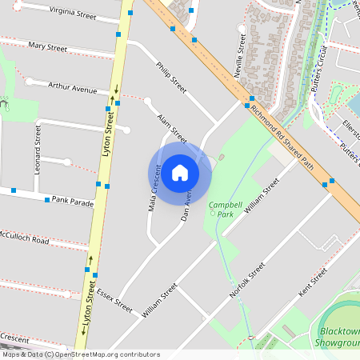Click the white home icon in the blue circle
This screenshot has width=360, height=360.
[x=180, y=172]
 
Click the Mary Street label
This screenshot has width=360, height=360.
[x=47, y=47]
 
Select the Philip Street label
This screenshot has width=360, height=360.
[x=171, y=78]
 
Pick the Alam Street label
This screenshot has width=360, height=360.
[x=172, y=128]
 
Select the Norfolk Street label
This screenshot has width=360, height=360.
[x=246, y=282]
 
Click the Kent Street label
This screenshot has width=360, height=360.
[x=313, y=284]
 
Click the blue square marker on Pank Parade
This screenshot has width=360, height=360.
[x=47, y=199]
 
